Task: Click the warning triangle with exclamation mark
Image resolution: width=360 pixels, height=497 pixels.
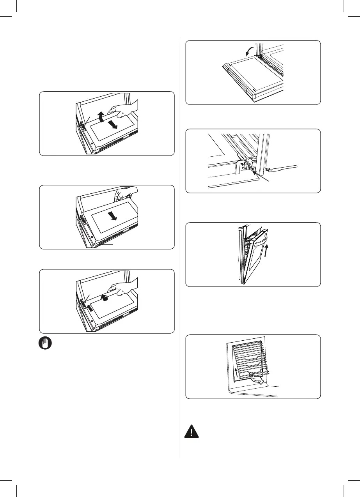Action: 192,432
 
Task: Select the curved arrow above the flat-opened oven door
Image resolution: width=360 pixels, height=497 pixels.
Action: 247,50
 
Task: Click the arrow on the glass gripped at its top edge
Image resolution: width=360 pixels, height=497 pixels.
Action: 113,216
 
